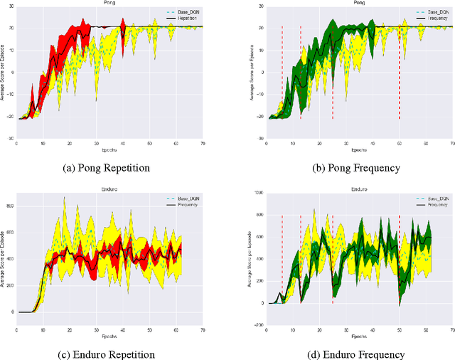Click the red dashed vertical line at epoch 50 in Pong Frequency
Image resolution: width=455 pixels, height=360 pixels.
399,71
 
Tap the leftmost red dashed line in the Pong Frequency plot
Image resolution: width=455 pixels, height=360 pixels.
282,71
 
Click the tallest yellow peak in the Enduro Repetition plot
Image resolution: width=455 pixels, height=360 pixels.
65,198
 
